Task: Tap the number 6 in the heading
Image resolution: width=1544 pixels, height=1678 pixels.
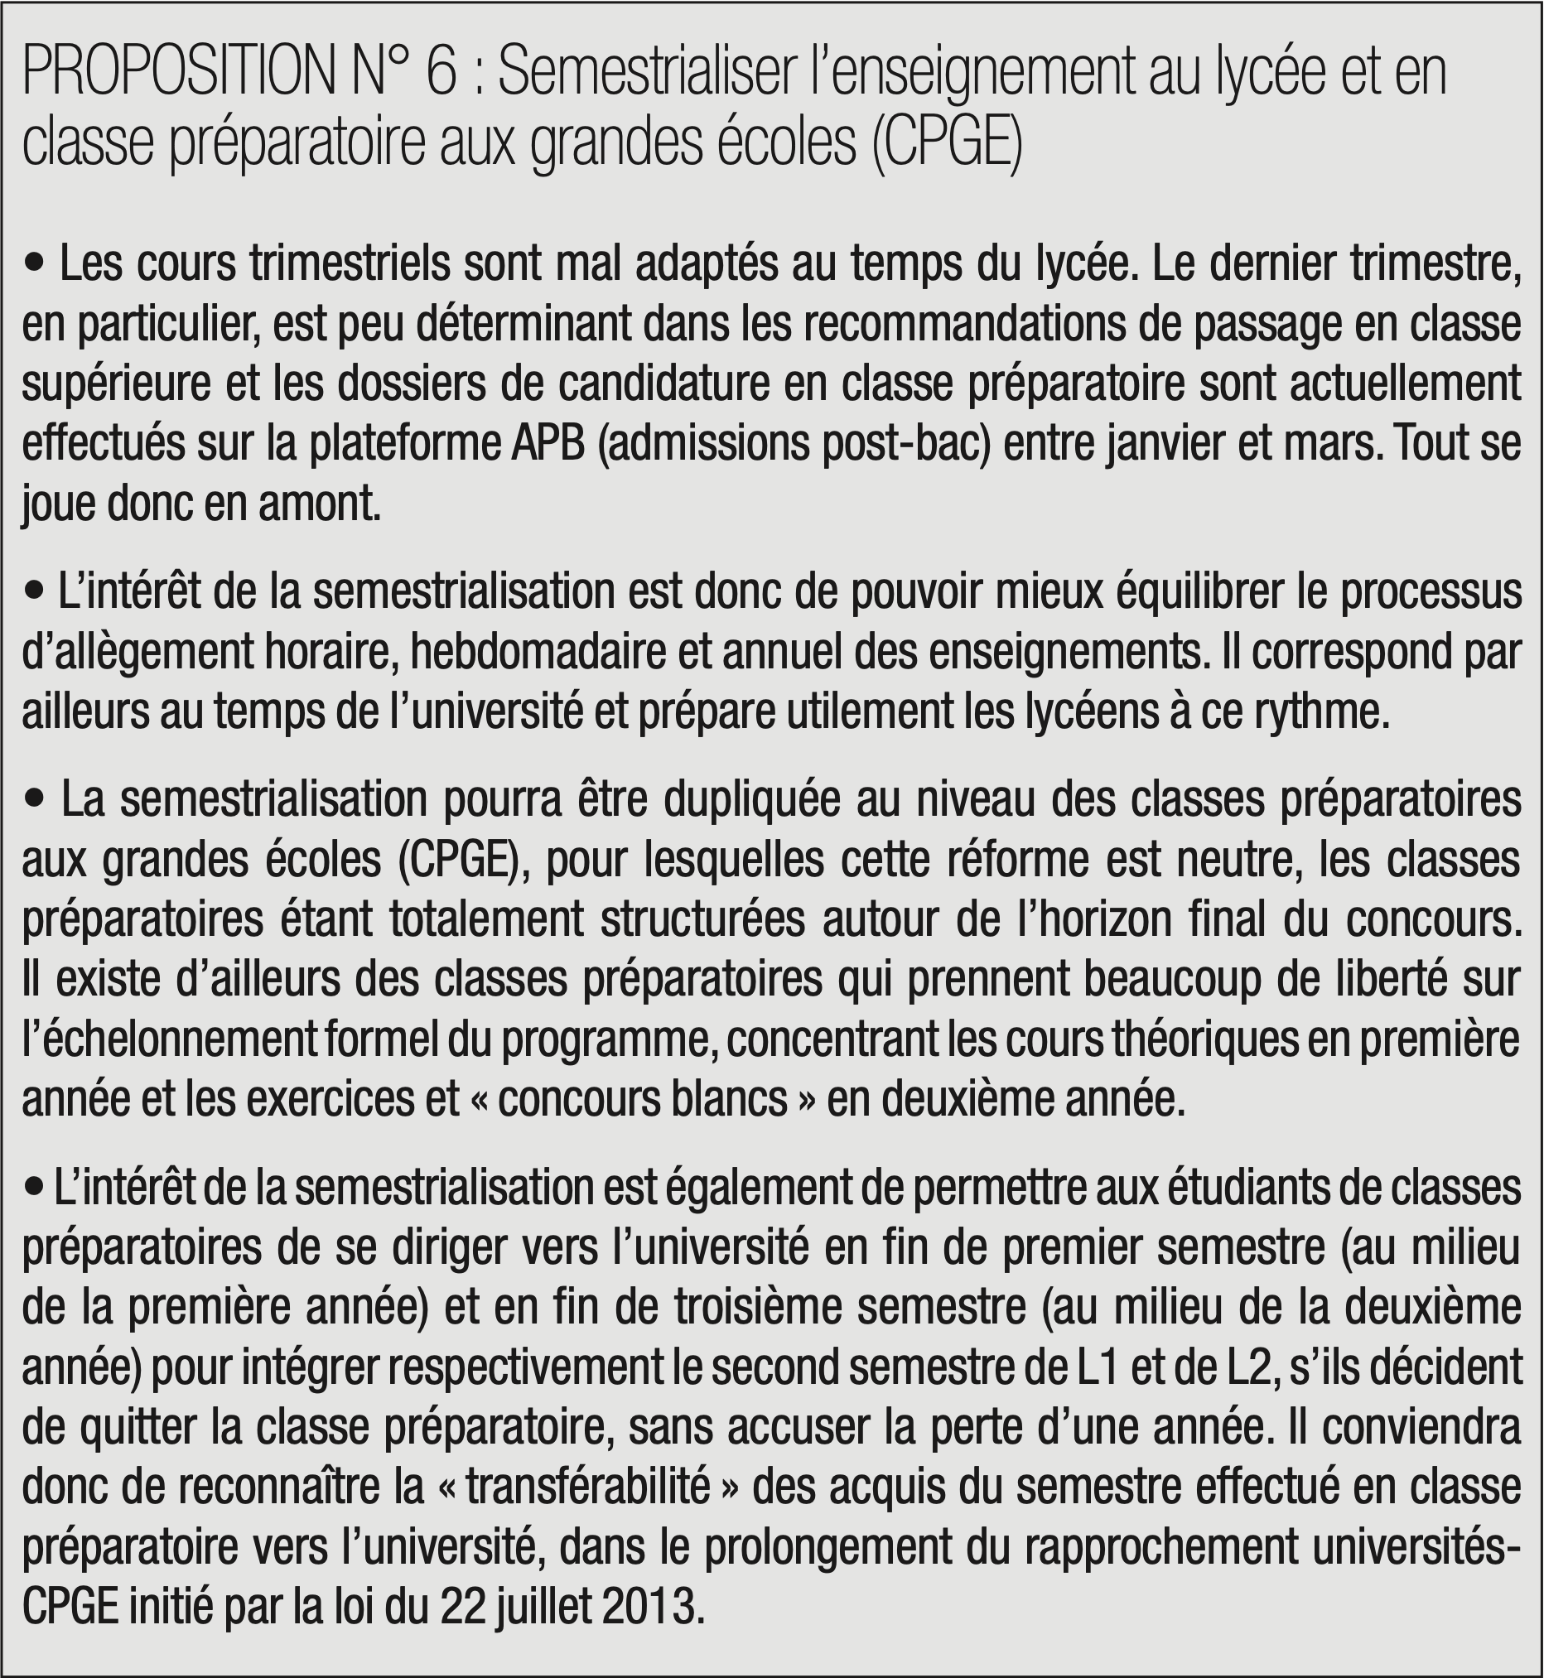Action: [x=441, y=75]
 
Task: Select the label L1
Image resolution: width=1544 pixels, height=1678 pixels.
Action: [x=1094, y=1369]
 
